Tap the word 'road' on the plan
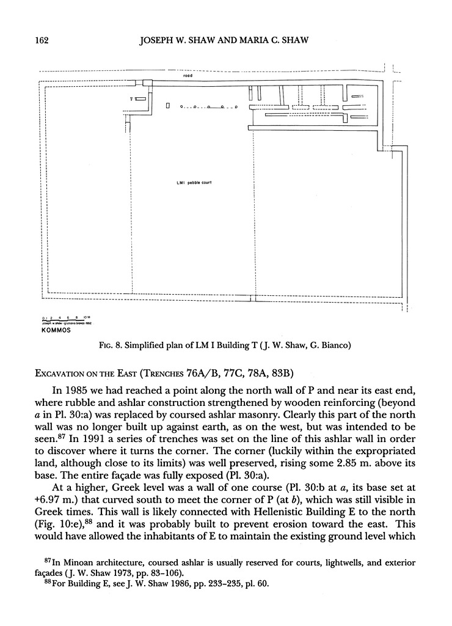[x=188, y=76]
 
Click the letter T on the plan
[x=130, y=98]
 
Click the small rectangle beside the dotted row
[x=167, y=106]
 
